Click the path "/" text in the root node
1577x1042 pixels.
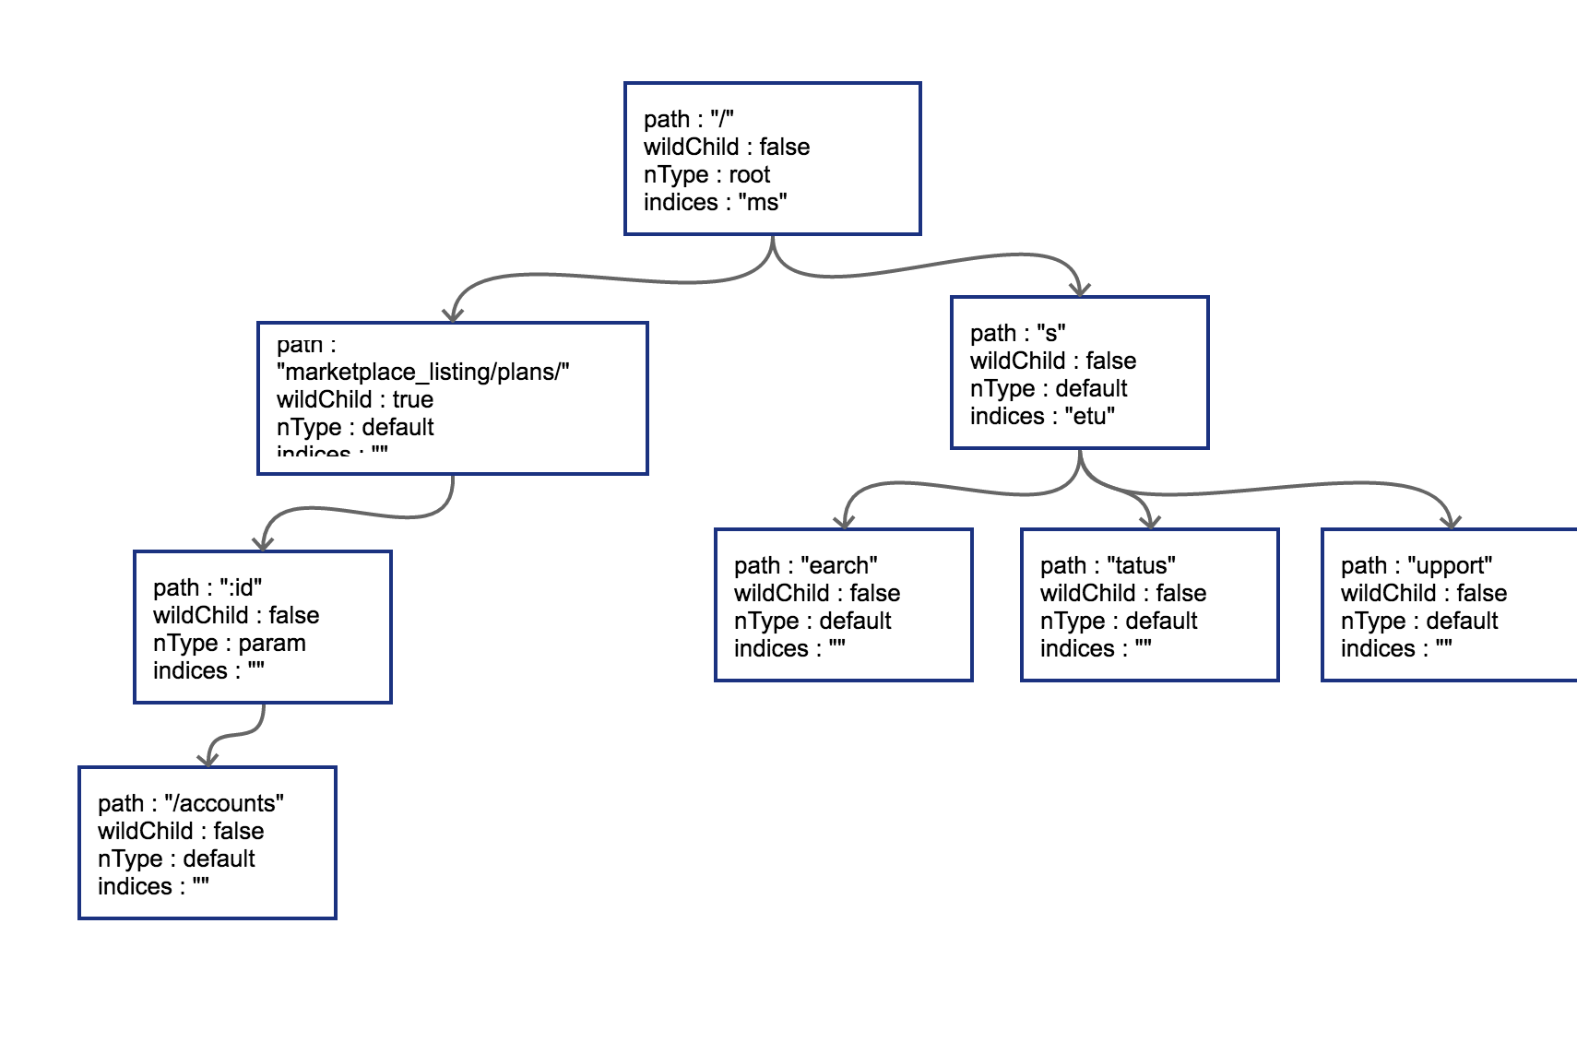pos(689,120)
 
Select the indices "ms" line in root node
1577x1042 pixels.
pos(716,203)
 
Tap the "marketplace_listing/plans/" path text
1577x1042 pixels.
pos(423,373)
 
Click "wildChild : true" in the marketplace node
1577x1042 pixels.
pos(355,400)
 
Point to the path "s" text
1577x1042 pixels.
pos(1018,334)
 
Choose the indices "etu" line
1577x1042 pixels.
pos(1042,417)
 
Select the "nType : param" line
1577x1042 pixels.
pos(229,644)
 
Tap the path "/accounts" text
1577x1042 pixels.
pos(191,804)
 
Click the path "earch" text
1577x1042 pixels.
pos(805,566)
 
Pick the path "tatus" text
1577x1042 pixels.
pos(1108,566)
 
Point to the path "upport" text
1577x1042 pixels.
pos(1417,566)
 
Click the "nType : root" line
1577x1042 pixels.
pos(706,175)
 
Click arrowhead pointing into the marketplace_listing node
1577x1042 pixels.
pos(452,314)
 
